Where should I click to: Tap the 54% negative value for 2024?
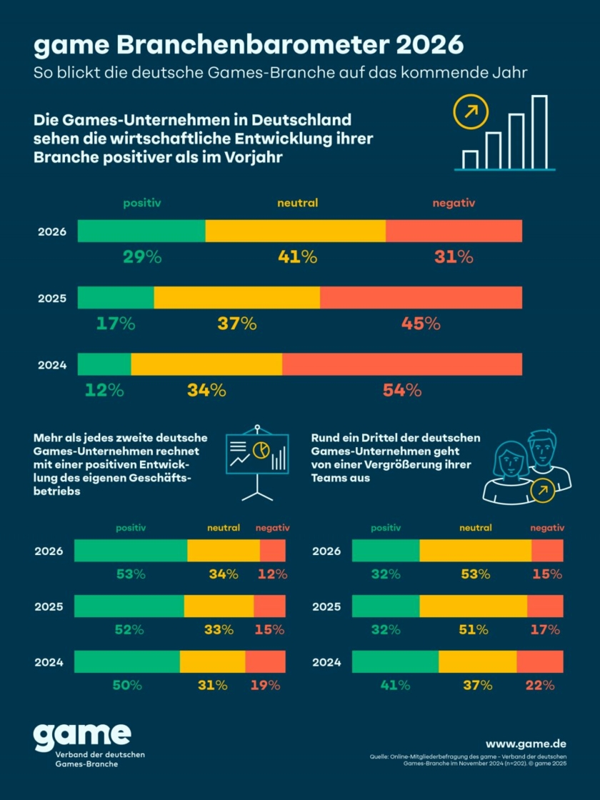pyautogui.click(x=402, y=391)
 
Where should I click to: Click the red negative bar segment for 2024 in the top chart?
pyautogui.click(x=401, y=364)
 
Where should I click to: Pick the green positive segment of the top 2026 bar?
pyautogui.click(x=141, y=231)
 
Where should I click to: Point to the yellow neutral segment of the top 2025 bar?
pyautogui.click(x=236, y=298)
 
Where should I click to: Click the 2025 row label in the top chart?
pyautogui.click(x=52, y=298)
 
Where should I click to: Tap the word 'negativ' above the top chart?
pyautogui.click(x=454, y=204)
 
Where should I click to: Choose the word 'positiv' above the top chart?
pyautogui.click(x=142, y=204)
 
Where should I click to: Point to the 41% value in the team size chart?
pyautogui.click(x=395, y=685)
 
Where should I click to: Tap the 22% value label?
pyautogui.click(x=539, y=685)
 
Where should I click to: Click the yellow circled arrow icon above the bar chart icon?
pyautogui.click(x=471, y=112)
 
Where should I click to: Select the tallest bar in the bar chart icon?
pyautogui.click(x=539, y=131)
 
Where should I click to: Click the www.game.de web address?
pyautogui.click(x=526, y=744)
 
